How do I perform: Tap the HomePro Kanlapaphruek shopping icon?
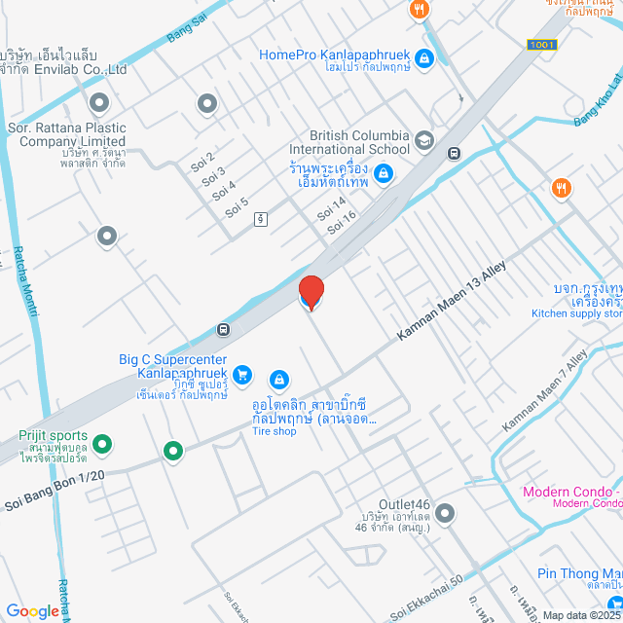(x=423, y=59)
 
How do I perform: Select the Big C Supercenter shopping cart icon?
(x=242, y=374)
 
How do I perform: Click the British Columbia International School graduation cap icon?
(x=423, y=142)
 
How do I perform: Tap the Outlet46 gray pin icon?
(x=445, y=512)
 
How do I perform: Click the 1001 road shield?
(x=541, y=45)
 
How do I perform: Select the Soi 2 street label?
(x=202, y=159)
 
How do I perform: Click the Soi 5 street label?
(x=237, y=208)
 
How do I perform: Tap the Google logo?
(x=32, y=611)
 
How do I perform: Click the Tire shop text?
(x=274, y=431)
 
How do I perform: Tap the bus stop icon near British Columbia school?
(x=454, y=153)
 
